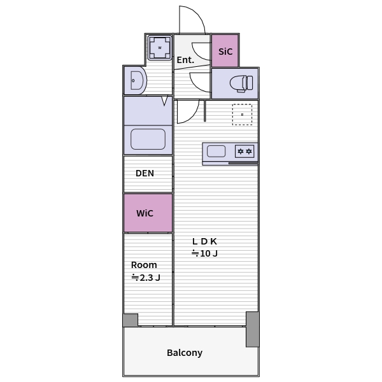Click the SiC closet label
[x=225, y=52]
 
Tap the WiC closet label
[x=145, y=213]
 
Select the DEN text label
[x=145, y=173]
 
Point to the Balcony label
[x=185, y=353]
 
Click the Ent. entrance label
[x=185, y=60]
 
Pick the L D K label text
[x=204, y=241]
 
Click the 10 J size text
[x=209, y=253]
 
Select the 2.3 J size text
[x=150, y=278]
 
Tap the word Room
[x=144, y=265]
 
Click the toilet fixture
[x=241, y=83]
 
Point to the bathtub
[x=148, y=139]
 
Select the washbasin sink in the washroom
[x=138, y=80]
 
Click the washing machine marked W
[x=160, y=48]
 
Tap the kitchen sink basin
[x=216, y=152]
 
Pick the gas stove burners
[x=244, y=152]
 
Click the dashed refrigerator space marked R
[x=242, y=115]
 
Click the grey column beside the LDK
[x=252, y=329]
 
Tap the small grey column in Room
[x=131, y=320]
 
